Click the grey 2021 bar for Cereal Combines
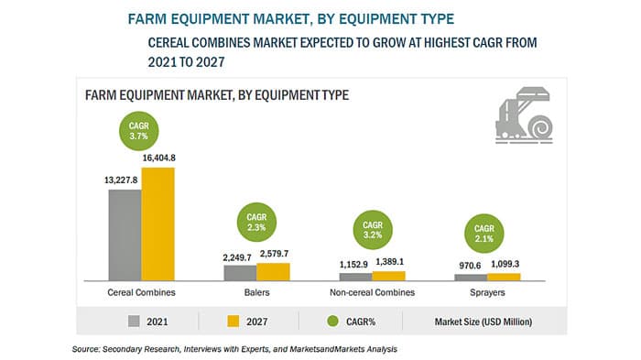click(125, 234)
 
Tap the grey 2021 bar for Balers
click(240, 273)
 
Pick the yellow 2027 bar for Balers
click(273, 271)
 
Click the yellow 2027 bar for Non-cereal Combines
click(388, 275)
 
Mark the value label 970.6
click(467, 264)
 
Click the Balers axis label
click(256, 292)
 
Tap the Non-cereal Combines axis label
click(373, 292)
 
